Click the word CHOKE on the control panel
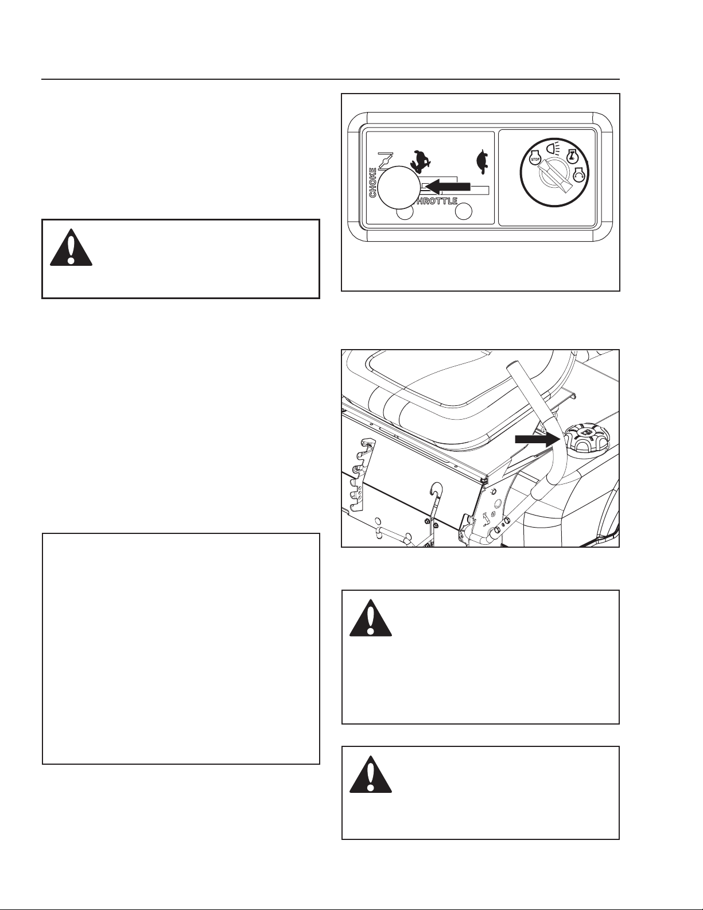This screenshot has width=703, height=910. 372,182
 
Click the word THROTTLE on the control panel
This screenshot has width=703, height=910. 435,201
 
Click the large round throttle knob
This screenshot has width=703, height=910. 398,187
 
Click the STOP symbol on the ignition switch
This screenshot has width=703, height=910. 534,159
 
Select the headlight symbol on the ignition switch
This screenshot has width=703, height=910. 553,147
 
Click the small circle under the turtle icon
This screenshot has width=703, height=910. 464,211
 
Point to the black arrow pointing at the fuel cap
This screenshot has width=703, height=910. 538,439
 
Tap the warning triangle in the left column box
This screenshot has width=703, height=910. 71,247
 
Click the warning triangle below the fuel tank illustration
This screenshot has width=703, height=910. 371,618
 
